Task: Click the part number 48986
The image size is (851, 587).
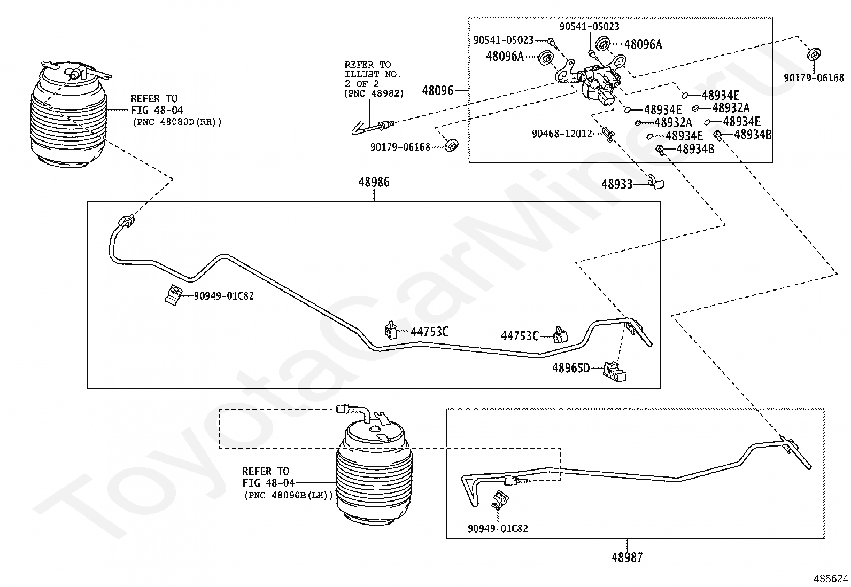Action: coord(374,182)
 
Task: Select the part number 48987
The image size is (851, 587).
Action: coord(627,558)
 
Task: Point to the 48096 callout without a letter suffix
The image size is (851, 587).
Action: coord(438,90)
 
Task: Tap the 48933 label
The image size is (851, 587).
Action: coord(617,184)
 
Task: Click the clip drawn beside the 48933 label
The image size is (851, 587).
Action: coord(656,182)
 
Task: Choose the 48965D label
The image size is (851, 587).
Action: coord(571,368)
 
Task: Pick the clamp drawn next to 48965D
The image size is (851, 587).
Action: coord(615,372)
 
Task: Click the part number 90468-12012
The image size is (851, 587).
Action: coord(562,134)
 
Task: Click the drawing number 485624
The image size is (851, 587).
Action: coord(831,578)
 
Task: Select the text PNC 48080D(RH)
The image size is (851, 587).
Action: coord(177,122)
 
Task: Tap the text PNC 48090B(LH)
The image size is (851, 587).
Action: coord(289,495)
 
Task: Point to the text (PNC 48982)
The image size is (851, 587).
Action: coord(374,93)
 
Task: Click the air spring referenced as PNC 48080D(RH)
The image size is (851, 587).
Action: coord(69,114)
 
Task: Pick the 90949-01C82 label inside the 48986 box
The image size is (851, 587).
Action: coord(224,296)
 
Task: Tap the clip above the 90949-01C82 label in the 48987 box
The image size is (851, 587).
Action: coord(500,500)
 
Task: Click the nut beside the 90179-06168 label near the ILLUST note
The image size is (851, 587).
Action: coord(452,145)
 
